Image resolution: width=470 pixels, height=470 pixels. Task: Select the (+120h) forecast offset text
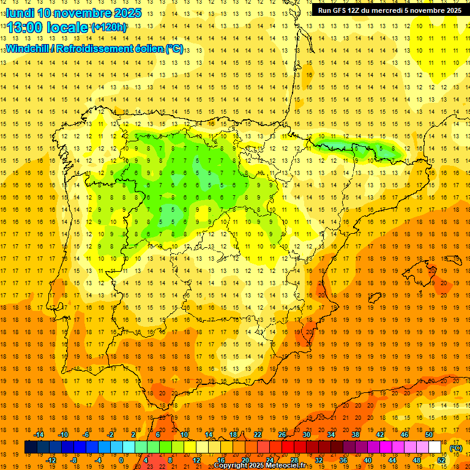(108, 28)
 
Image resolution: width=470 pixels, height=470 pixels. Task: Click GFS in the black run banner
(343, 10)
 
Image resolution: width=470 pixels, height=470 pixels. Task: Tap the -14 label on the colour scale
(38, 435)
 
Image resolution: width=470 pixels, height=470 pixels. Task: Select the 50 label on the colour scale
(429, 435)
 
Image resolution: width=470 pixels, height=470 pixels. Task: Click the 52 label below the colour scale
(441, 460)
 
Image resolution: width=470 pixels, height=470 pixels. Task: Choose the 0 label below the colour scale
(121, 460)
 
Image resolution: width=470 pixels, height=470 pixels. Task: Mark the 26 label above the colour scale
(282, 435)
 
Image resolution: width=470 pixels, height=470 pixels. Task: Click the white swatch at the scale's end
(435, 447)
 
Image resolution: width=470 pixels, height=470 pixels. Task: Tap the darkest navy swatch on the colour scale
(31, 447)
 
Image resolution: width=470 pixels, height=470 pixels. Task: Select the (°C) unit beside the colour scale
(455, 448)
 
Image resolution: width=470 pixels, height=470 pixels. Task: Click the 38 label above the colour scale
(356, 435)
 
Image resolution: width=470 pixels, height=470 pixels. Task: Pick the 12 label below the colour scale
(196, 460)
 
